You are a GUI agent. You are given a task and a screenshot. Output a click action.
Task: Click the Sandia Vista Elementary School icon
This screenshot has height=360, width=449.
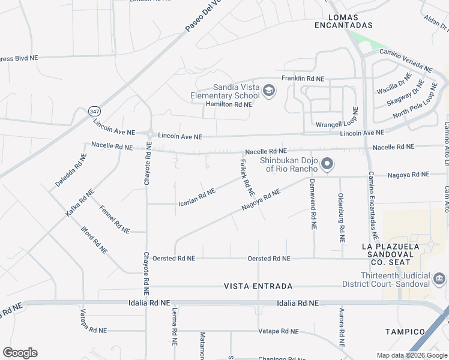pyautogui.click(x=270, y=91)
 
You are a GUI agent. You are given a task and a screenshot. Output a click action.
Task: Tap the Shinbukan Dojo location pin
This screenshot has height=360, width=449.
pyautogui.click(x=327, y=163)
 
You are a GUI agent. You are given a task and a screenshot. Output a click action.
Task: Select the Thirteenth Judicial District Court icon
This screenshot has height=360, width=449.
pyautogui.click(x=439, y=279)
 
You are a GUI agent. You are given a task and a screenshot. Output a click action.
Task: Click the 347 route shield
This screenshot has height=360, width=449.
pyautogui.click(x=94, y=112)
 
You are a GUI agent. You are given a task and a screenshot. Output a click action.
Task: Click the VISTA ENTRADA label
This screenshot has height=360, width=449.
pyautogui.click(x=258, y=286)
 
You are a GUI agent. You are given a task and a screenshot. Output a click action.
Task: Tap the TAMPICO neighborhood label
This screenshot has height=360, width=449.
pyautogui.click(x=406, y=332)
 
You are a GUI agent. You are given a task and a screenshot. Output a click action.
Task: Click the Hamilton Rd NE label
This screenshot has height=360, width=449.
pyautogui.click(x=229, y=104)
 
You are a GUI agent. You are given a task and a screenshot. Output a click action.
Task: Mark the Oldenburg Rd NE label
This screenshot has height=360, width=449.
pyautogui.click(x=342, y=218)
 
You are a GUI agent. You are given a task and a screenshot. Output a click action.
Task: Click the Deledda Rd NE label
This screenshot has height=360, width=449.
pyautogui.click(x=71, y=170)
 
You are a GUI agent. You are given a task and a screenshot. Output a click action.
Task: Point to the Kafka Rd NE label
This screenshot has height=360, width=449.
pyautogui.click(x=80, y=203)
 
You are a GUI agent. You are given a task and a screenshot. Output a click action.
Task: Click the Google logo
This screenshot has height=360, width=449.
pyautogui.click(x=20, y=353)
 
